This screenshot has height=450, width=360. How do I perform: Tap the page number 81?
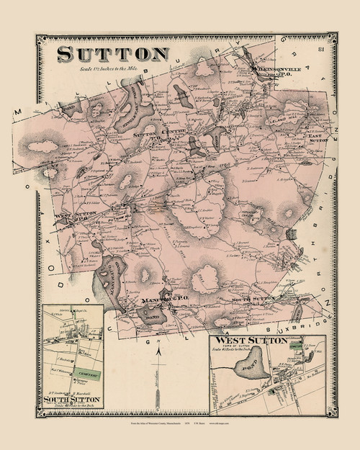point(318,49)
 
